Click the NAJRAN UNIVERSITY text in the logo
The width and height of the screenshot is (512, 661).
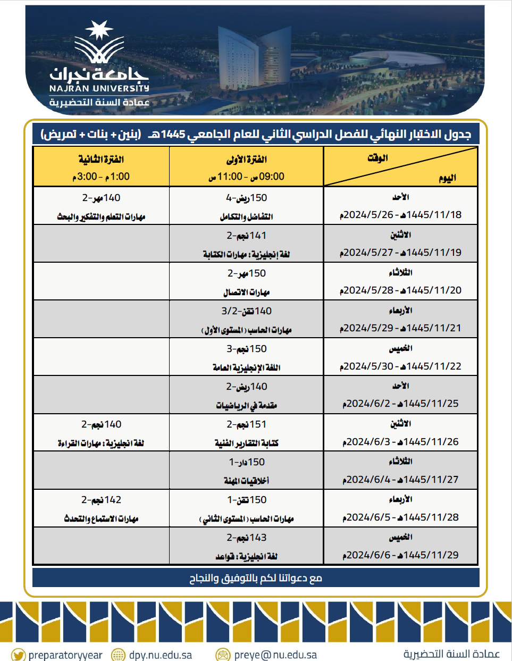(99, 88)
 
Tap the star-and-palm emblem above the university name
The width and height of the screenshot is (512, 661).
(99, 43)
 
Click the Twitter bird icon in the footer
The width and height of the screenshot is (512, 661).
(18, 655)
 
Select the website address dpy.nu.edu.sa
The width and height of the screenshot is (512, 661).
(161, 655)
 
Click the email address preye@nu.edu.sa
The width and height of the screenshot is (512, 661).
(275, 655)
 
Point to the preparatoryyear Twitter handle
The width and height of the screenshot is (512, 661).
(65, 655)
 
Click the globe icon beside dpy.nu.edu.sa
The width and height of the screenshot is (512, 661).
(118, 655)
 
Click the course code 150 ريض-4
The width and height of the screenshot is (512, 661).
(247, 198)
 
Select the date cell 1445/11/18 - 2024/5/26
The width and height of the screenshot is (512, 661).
(400, 215)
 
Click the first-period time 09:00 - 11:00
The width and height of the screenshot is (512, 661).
(247, 177)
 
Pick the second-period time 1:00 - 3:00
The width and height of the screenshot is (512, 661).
(101, 177)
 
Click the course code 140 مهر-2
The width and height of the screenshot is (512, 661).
(101, 198)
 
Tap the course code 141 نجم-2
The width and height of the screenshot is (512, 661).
(247, 236)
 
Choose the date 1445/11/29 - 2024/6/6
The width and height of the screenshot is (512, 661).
(400, 555)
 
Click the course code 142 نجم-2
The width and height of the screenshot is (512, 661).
(101, 500)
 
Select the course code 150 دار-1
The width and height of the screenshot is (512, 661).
(247, 462)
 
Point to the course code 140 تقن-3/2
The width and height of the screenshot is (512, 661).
(247, 311)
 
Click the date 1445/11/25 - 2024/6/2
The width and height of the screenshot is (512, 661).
(400, 404)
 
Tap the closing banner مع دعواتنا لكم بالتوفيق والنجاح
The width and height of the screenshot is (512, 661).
(256, 578)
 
